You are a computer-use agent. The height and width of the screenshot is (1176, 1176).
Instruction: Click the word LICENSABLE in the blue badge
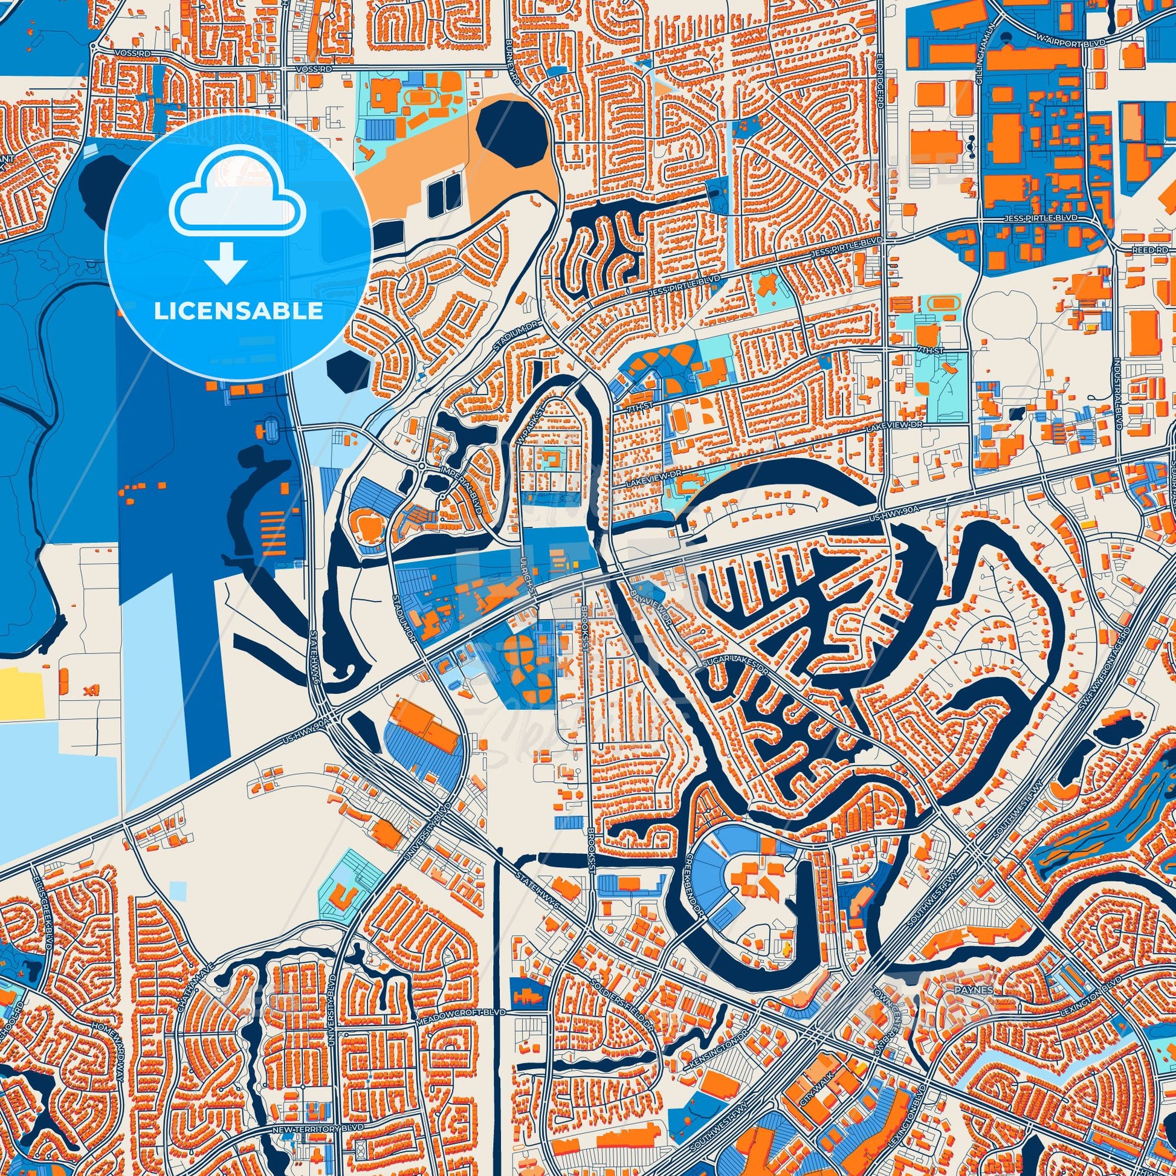point(238,311)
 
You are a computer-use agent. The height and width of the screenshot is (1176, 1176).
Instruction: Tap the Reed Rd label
point(1154,250)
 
